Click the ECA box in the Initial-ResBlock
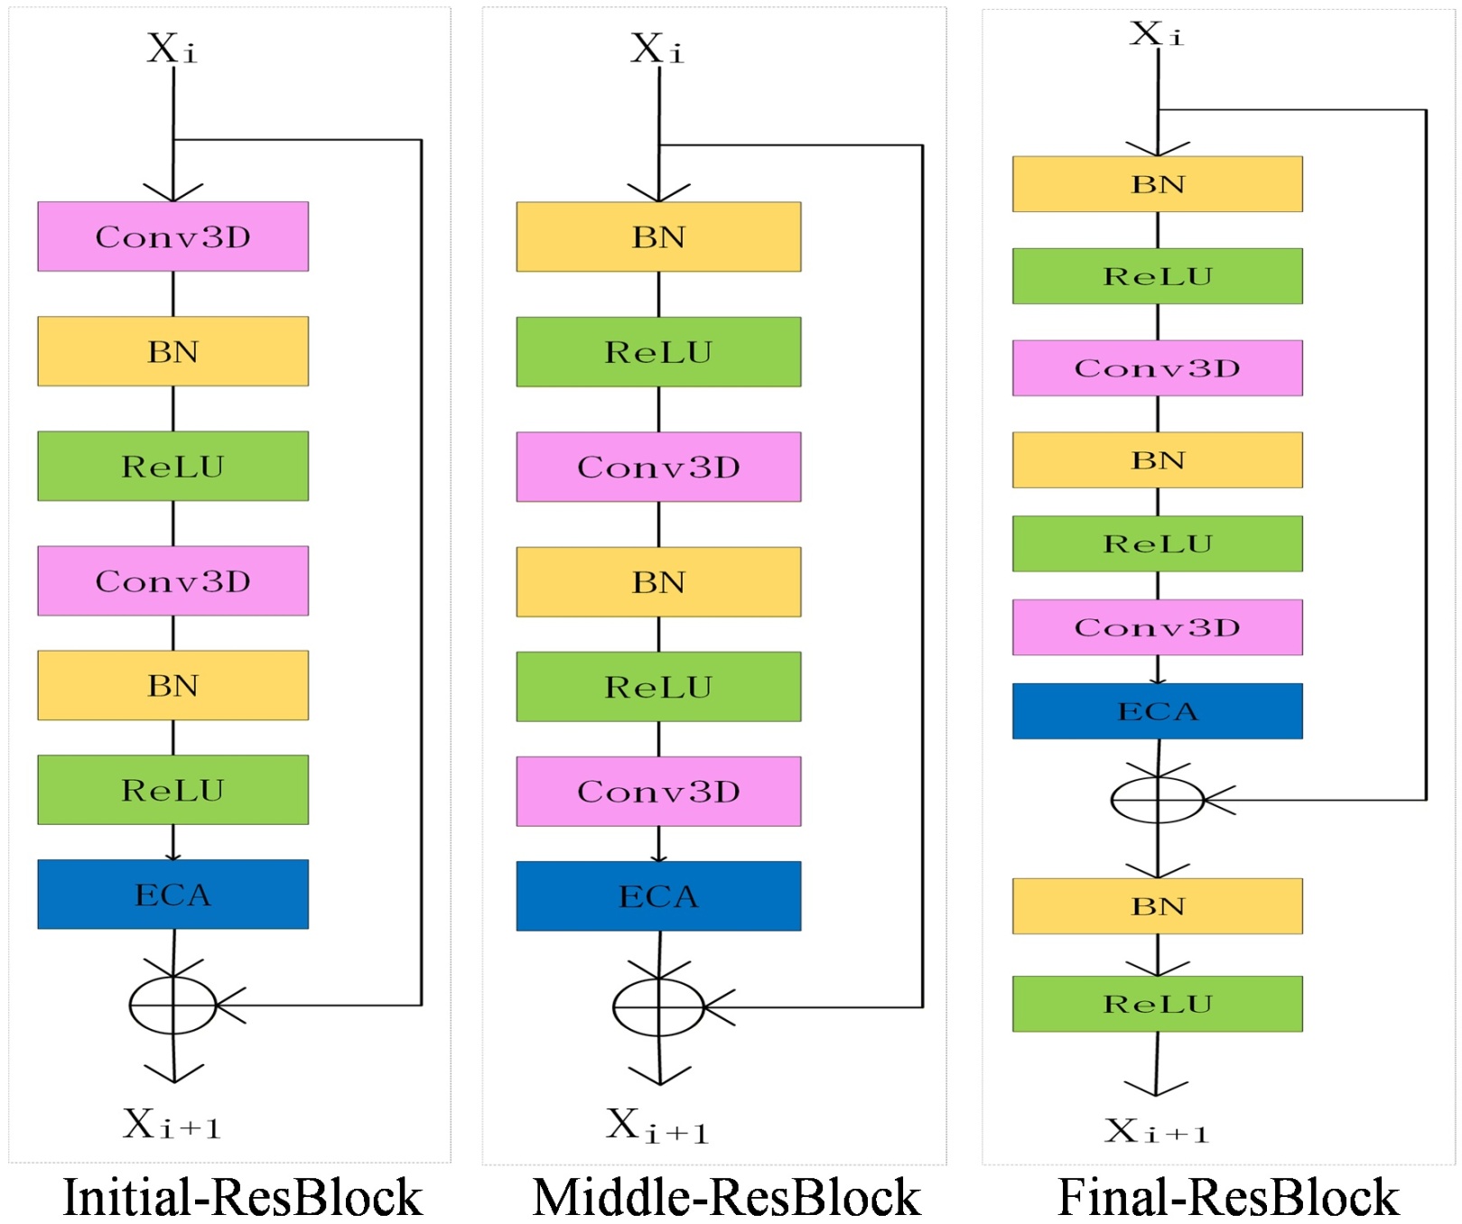172,894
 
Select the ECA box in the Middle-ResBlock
658,895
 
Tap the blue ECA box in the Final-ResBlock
1157,711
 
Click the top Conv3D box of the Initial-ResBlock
172,236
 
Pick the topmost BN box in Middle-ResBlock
658,236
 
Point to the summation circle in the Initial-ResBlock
172,1005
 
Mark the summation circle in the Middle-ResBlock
658,1006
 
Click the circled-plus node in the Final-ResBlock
1157,800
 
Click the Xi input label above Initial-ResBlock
172,49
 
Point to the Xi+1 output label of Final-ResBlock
1156,1131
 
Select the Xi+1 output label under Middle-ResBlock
657,1127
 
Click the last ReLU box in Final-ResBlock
1157,1004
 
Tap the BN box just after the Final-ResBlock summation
1157,906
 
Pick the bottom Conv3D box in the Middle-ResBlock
658,792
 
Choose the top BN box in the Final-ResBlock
1157,184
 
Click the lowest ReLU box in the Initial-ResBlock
172,790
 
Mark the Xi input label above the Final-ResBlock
1156,34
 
